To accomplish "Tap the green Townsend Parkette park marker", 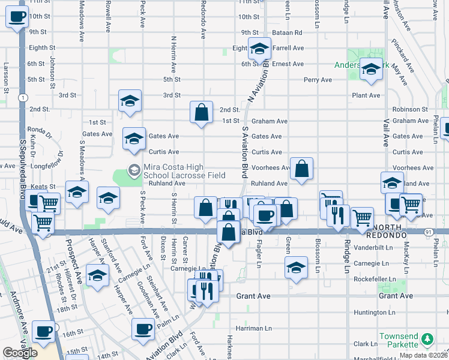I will pos(427,340).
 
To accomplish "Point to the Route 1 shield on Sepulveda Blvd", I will pos(22,97).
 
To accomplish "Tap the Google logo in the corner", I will pos(20,353).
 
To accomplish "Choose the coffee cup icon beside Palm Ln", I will pos(143,329).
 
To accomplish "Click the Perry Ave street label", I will pos(318,79).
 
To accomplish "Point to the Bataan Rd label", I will pos(289,32).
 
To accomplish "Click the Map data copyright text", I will pos(423,355).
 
